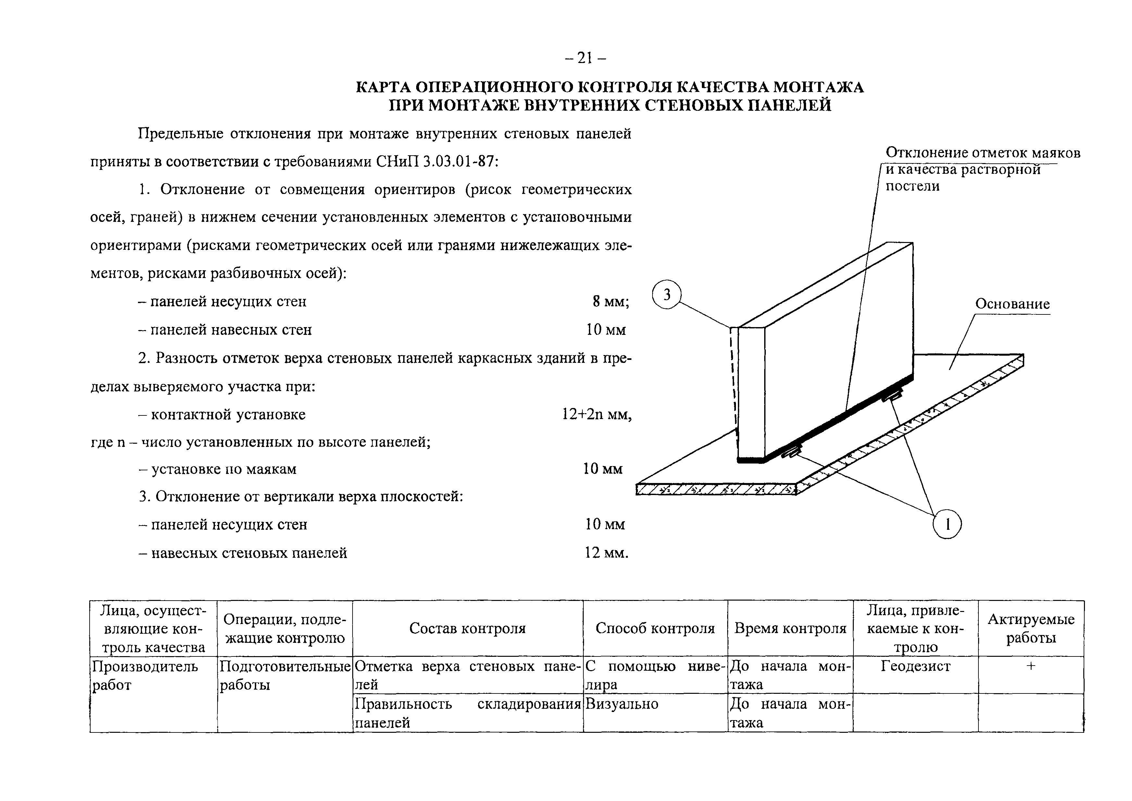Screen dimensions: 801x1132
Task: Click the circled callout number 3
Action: [x=666, y=295]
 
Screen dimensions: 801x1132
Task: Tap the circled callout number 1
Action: [x=947, y=524]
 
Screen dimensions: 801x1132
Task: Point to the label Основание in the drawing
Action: [x=1012, y=304]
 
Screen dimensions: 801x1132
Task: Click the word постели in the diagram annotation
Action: [x=913, y=186]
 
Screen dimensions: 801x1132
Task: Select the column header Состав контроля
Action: [x=467, y=629]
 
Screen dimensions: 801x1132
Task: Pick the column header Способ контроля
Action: [x=655, y=629]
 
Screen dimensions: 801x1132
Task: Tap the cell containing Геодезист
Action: [x=915, y=667]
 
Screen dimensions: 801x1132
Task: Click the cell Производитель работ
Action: [x=145, y=675]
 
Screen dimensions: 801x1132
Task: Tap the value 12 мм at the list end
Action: [x=606, y=553]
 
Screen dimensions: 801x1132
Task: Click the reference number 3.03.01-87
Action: [x=458, y=162]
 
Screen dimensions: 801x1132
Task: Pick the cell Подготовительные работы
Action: [x=284, y=675]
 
